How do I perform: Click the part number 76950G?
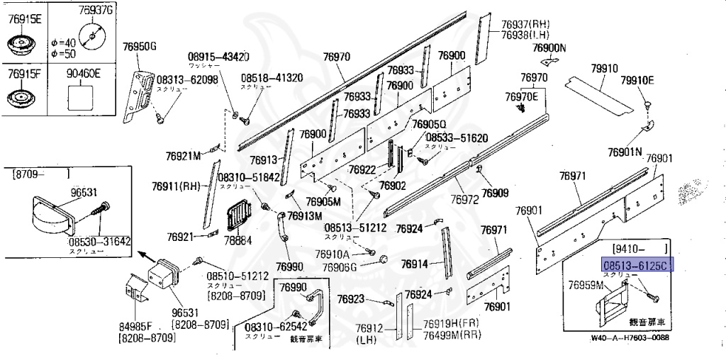click(140, 47)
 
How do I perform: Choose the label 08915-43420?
click(218, 57)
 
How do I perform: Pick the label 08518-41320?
click(272, 78)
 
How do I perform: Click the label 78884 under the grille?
click(240, 241)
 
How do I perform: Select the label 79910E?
click(637, 80)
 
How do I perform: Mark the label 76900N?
click(549, 48)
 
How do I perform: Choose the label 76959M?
click(585, 285)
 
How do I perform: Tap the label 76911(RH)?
click(177, 187)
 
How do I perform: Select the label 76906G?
click(339, 267)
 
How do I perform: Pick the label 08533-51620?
click(457, 137)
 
